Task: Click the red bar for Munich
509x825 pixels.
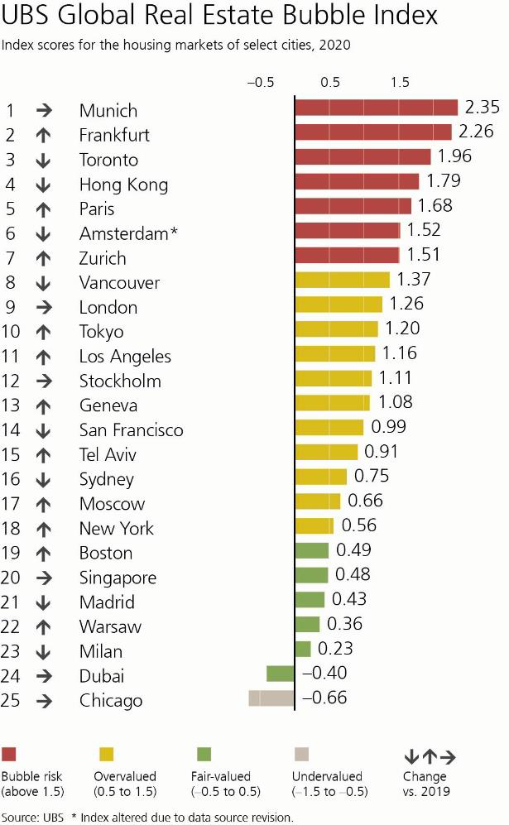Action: [376, 108]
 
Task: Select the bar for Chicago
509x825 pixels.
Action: [271, 698]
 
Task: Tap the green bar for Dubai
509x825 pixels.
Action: [281, 674]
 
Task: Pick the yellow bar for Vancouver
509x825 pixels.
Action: [342, 280]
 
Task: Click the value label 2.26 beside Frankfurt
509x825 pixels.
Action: [477, 132]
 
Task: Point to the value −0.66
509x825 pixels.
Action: [324, 698]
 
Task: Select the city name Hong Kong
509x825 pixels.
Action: [123, 184]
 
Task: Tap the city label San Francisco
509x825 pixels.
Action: [131, 429]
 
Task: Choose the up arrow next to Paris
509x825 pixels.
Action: [44, 209]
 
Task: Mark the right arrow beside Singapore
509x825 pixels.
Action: [44, 577]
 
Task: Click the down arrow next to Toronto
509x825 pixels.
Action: [44, 160]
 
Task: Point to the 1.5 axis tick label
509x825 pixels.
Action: [400, 83]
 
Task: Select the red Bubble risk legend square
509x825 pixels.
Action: [10, 754]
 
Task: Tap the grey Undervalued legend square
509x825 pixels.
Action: [301, 754]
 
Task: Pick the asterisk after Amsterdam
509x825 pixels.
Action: [173, 232]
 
